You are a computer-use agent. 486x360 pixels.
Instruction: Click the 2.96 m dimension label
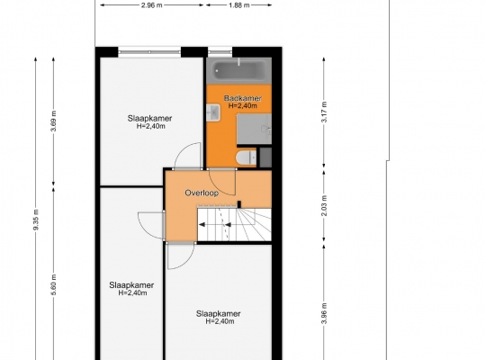click(x=152, y=5)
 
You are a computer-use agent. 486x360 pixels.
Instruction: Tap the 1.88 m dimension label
click(x=239, y=5)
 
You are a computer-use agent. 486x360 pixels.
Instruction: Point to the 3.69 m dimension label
click(x=53, y=121)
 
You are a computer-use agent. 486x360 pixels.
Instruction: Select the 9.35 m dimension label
click(x=36, y=220)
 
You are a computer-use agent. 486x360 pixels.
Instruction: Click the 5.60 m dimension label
click(x=53, y=284)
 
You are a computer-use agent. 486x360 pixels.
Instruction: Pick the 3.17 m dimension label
click(x=324, y=112)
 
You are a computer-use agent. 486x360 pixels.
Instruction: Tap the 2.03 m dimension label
click(x=324, y=205)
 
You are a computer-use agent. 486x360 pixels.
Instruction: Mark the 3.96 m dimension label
click(x=324, y=313)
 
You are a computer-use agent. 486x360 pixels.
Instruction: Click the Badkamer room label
click(x=243, y=98)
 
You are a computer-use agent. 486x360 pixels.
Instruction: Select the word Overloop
click(x=202, y=193)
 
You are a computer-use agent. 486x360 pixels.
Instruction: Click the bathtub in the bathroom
click(x=239, y=71)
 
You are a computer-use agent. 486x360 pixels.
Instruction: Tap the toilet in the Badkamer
click(x=247, y=158)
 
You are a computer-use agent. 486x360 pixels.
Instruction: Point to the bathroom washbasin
click(x=213, y=112)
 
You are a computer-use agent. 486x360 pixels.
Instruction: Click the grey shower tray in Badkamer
click(x=254, y=129)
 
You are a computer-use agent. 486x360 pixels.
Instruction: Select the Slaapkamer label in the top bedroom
click(x=149, y=118)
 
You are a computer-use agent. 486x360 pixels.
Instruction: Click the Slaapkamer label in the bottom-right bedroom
click(x=218, y=313)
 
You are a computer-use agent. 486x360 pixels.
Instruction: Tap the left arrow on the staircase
click(x=202, y=225)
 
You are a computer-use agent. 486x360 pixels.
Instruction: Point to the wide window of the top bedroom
click(x=149, y=51)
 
